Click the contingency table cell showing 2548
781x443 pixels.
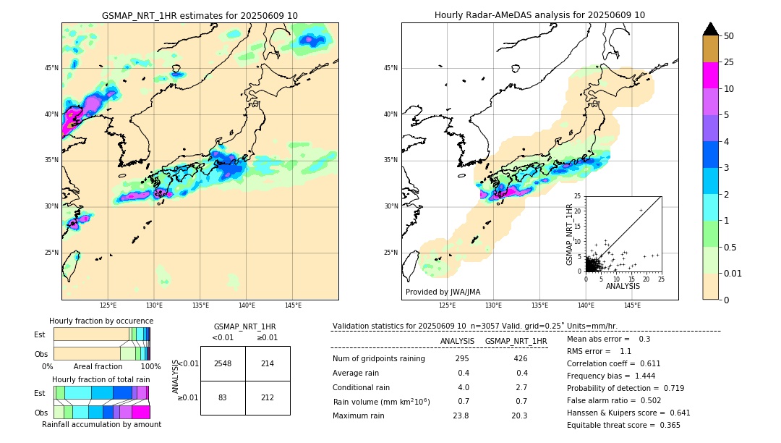[x=223, y=363]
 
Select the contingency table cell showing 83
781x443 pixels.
[x=223, y=397]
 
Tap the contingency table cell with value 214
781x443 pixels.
[x=268, y=363]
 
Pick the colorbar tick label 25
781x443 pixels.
[x=730, y=62]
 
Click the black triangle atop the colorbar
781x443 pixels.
[x=711, y=29]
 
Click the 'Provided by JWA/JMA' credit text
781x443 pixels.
[x=443, y=292]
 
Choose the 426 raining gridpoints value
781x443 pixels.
[x=520, y=358]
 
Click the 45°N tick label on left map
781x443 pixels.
[x=51, y=68]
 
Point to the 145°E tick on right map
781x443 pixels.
[x=632, y=305]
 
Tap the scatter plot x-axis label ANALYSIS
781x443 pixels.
[x=623, y=286]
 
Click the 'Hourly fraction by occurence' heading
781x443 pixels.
[x=101, y=321]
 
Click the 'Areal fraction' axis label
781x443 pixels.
[x=98, y=366]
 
